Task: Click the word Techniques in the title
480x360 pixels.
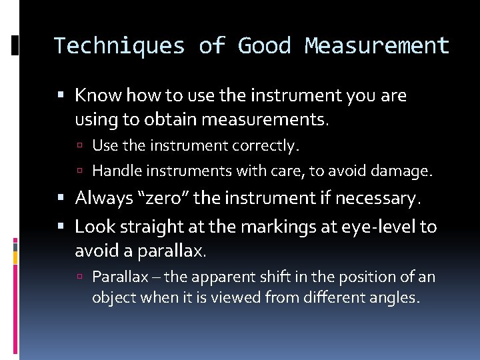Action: (x=118, y=46)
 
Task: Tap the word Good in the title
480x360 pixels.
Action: (x=264, y=46)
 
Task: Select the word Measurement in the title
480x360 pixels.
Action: (x=377, y=46)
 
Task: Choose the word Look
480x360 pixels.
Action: (x=93, y=227)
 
